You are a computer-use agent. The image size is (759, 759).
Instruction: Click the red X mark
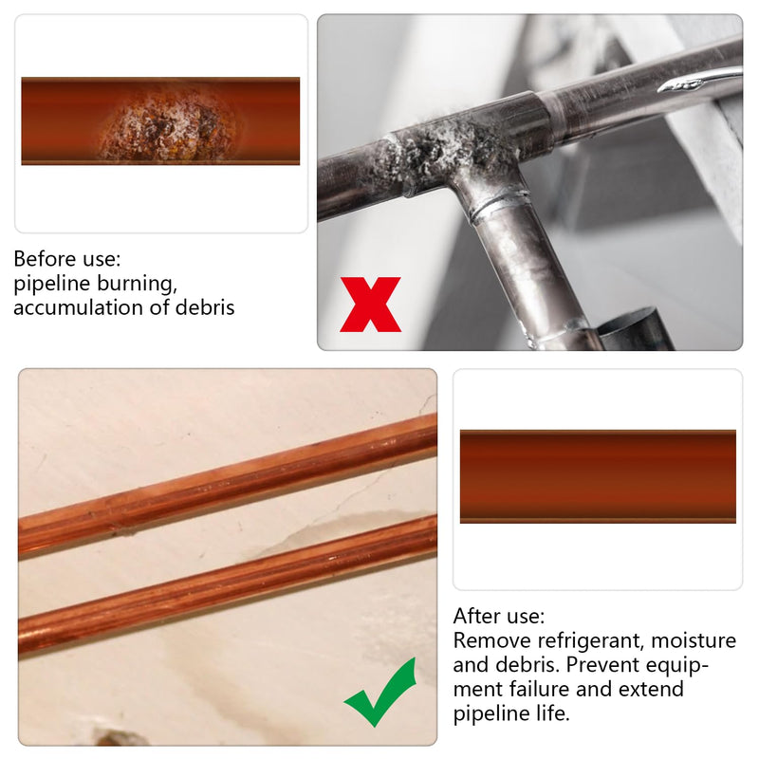370,305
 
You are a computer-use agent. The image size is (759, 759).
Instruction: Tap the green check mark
381,692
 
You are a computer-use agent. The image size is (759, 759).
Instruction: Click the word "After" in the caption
478,616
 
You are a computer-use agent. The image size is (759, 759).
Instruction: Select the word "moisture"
694,640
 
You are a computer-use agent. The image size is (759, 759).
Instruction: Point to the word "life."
552,713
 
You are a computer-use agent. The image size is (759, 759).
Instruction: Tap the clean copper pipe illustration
598,476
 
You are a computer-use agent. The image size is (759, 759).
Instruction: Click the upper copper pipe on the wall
228,487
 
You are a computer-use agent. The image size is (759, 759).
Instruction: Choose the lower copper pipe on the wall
228,588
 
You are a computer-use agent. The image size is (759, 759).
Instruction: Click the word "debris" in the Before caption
205,307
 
